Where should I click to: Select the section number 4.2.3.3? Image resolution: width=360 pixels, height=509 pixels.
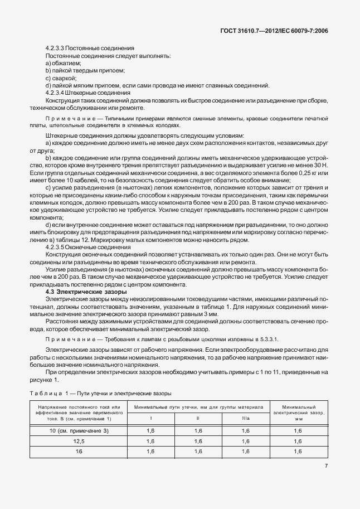click(x=57, y=49)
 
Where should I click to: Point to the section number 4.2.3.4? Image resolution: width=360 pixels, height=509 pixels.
click(x=57, y=92)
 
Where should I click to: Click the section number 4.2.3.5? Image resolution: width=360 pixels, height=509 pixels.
click(x=57, y=246)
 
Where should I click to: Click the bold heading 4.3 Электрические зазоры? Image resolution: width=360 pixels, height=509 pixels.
click(x=86, y=292)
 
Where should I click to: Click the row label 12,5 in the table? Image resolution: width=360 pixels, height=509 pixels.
click(x=78, y=441)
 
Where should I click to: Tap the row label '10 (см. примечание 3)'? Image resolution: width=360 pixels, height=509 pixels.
click(x=78, y=430)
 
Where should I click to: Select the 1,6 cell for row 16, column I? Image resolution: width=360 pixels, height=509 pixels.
click(x=150, y=452)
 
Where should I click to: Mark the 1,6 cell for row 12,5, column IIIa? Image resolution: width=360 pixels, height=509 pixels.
click(x=246, y=441)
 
